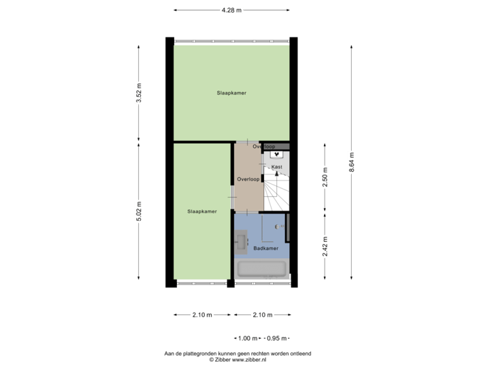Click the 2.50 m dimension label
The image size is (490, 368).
tap(325, 179)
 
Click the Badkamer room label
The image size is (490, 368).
tap(266, 249)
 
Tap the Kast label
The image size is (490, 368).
tap(276, 167)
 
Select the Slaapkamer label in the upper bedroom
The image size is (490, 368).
tap(231, 93)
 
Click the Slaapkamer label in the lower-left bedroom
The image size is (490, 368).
tap(202, 212)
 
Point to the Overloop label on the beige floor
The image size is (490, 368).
tap(248, 180)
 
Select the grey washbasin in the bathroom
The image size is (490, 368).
tap(241, 241)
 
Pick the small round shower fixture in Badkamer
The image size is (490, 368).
tap(278, 226)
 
